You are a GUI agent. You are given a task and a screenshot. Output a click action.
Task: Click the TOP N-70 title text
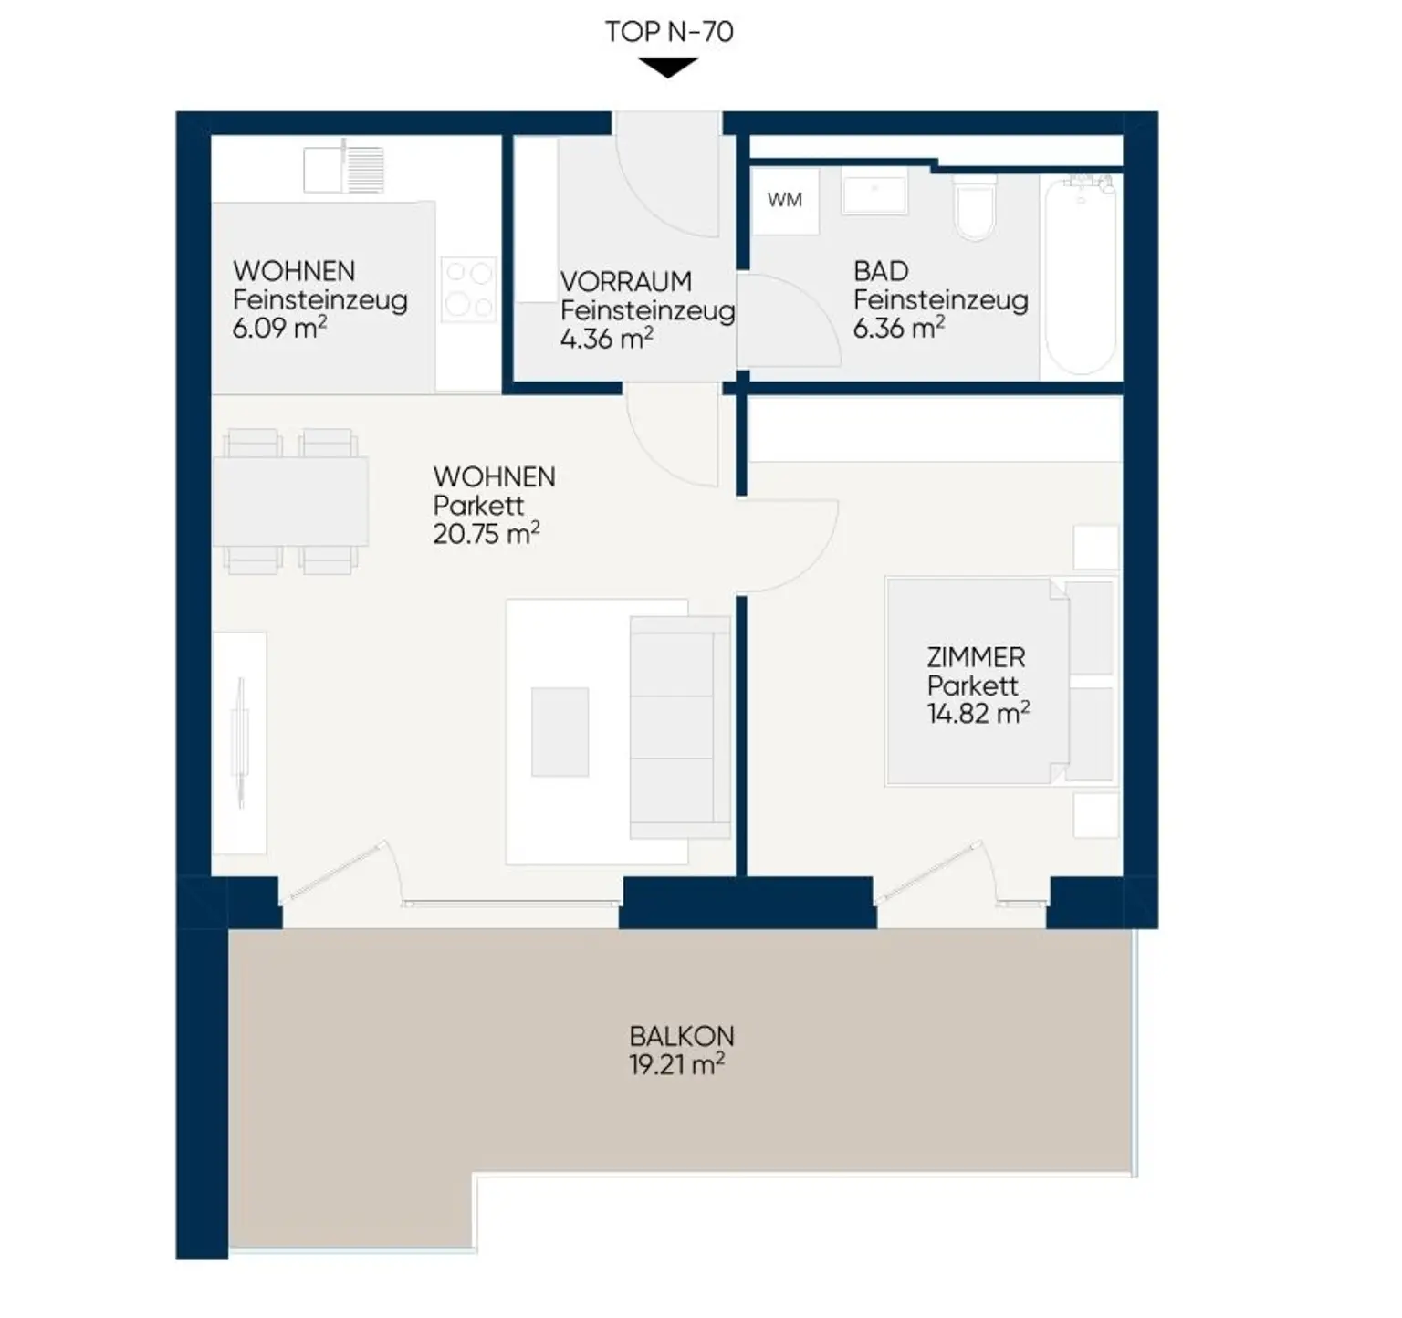(669, 32)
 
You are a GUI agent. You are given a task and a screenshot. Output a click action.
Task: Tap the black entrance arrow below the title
(668, 68)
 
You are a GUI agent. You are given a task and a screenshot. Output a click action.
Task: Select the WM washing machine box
(785, 200)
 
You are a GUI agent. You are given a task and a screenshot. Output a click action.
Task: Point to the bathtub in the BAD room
(1081, 274)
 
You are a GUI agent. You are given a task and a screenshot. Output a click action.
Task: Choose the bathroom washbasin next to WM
(874, 194)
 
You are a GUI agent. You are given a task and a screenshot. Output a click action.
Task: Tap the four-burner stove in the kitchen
(468, 288)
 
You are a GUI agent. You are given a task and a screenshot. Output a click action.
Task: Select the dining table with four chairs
(290, 501)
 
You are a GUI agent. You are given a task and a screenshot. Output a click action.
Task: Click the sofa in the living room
(680, 727)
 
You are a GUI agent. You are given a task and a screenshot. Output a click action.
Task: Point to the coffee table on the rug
(560, 732)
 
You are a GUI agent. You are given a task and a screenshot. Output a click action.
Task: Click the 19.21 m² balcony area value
(676, 1064)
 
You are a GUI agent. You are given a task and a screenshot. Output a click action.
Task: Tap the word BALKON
(682, 1036)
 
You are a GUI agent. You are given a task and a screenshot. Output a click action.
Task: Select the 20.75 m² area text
(487, 533)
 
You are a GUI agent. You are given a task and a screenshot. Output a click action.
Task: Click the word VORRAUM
(626, 281)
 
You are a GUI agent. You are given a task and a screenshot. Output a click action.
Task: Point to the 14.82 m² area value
(978, 713)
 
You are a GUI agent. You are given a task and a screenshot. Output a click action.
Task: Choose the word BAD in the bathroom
(881, 271)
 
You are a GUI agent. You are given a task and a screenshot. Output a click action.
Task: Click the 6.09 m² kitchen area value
(279, 328)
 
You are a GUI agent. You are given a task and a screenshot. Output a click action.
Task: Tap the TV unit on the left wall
(240, 742)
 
